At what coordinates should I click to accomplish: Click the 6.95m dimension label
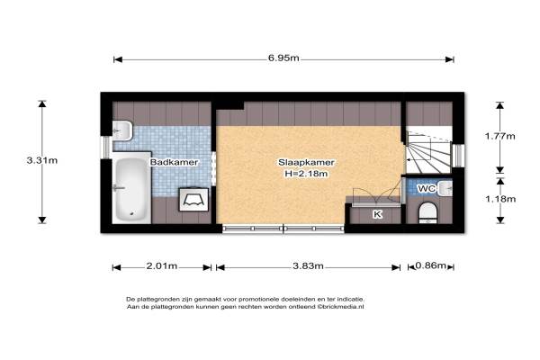283,58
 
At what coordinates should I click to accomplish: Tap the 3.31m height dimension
42,160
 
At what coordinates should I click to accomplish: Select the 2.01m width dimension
162,265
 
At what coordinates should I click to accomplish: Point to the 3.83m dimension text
308,265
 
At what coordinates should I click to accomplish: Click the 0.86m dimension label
430,265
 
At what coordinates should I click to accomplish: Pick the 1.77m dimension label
500,136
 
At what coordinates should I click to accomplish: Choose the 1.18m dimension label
500,199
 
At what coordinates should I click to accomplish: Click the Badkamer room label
174,162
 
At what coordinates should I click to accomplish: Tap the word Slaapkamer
306,162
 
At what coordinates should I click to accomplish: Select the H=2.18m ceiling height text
306,174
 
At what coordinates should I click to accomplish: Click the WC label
427,188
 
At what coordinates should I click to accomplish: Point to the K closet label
378,214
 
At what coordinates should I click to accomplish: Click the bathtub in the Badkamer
131,188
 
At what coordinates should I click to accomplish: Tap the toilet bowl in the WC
427,212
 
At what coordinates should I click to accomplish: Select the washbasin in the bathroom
122,130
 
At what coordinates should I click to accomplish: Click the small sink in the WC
445,188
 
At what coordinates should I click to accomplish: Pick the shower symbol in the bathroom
193,199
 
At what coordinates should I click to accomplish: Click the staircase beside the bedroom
428,150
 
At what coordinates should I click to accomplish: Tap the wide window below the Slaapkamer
283,229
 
